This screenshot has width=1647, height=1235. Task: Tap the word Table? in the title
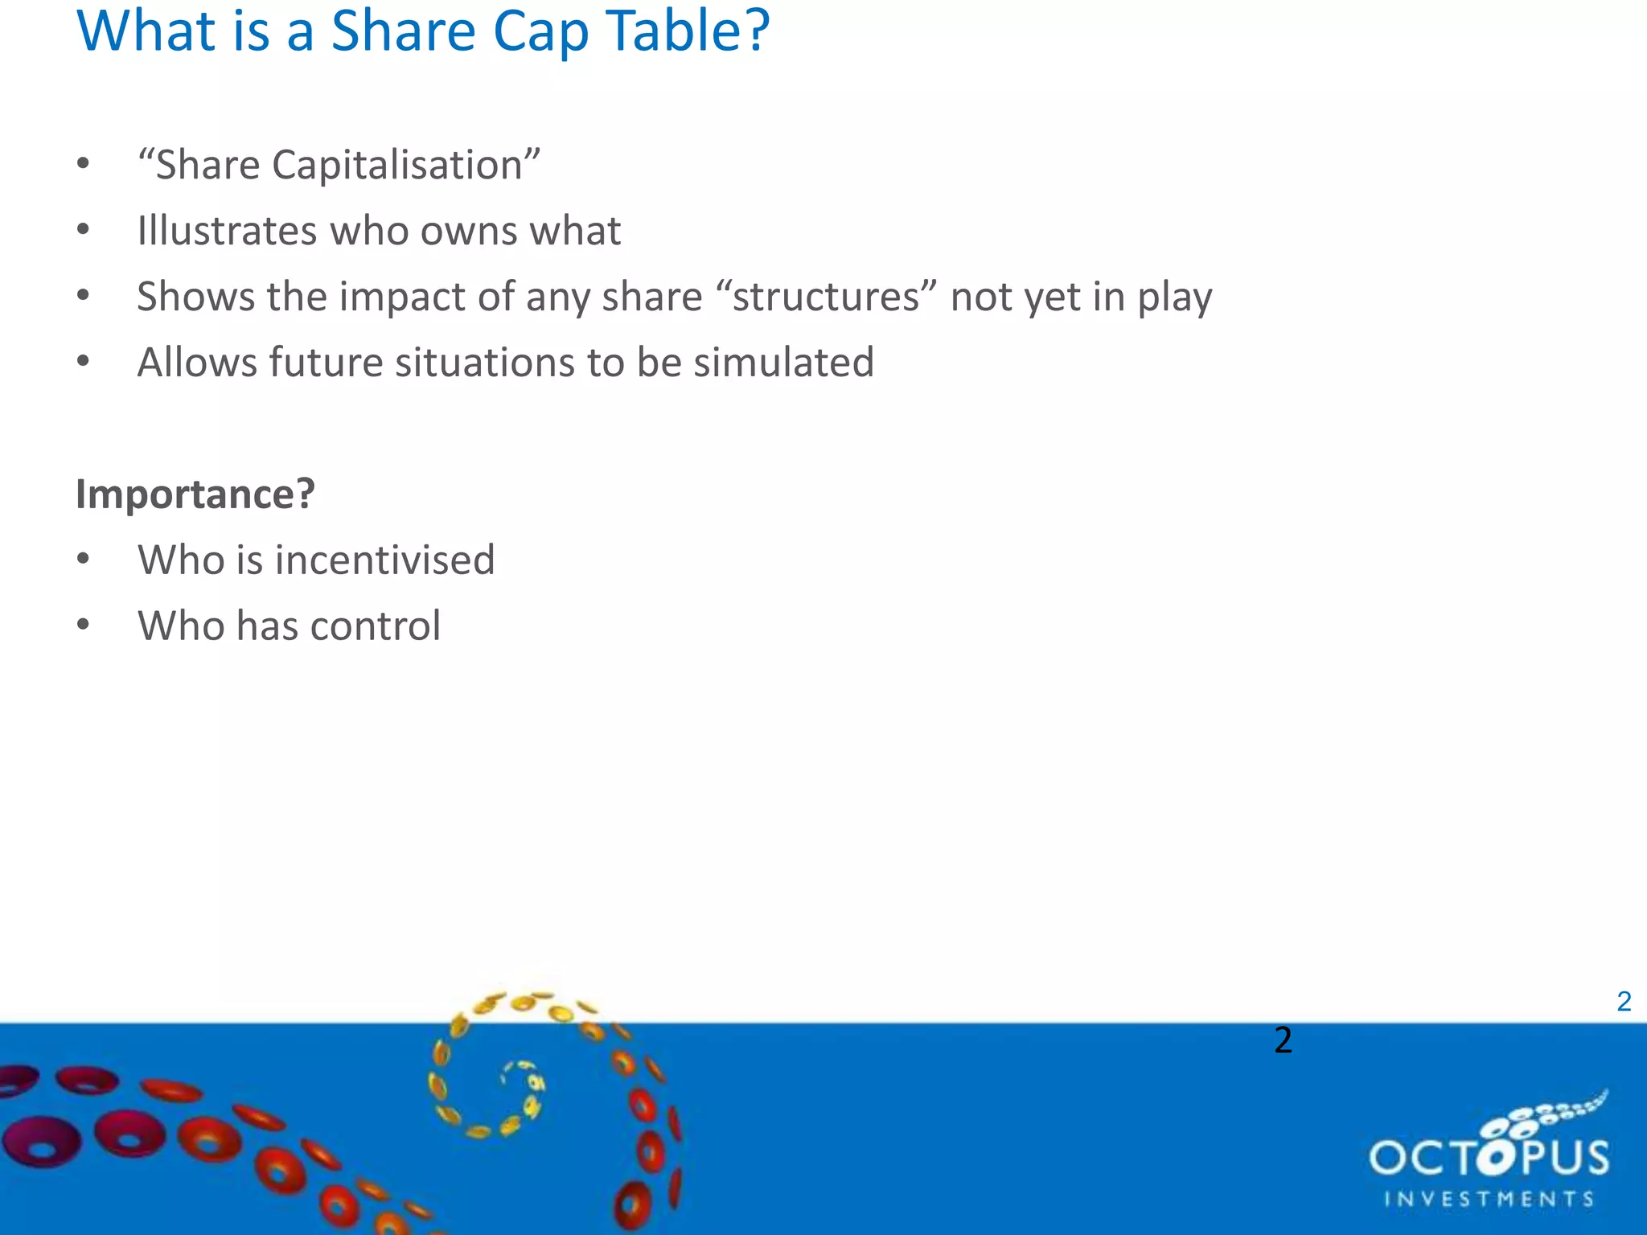[x=688, y=32]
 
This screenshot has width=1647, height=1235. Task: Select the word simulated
[x=783, y=363]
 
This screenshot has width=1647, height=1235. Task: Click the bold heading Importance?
[x=195, y=494]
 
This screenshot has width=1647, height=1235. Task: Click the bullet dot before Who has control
[x=83, y=625]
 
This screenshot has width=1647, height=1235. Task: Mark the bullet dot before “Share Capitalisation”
[x=83, y=164]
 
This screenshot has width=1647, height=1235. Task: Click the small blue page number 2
[x=1624, y=1002]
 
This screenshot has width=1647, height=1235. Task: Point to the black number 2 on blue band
[x=1283, y=1040]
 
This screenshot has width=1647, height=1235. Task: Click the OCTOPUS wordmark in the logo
[x=1489, y=1158]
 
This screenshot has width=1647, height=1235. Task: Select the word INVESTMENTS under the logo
[x=1489, y=1200]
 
